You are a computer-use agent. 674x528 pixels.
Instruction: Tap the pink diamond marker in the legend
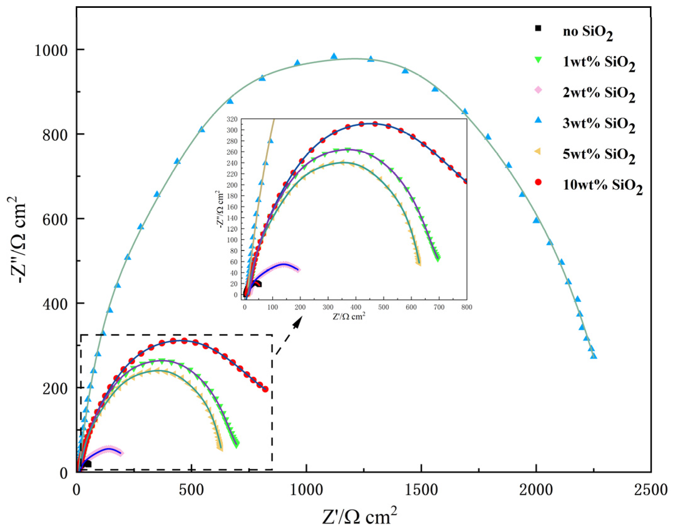pos(538,90)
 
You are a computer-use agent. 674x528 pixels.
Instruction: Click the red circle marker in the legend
pos(538,182)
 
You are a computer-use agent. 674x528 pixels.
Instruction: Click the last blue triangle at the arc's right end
pos(594,356)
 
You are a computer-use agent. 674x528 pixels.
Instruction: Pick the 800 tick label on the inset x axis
pos(467,307)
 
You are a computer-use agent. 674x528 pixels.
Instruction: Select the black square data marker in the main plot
pos(88,464)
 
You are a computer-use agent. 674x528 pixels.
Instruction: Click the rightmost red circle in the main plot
pos(265,389)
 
